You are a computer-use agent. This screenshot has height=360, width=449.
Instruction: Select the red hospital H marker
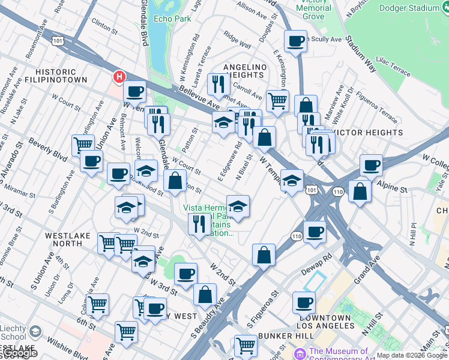click(x=119, y=77)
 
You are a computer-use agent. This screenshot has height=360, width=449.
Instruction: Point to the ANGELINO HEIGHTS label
click(x=244, y=70)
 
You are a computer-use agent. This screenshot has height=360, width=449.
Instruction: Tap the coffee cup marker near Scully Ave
click(x=295, y=41)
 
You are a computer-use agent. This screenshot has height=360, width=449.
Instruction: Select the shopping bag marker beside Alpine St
click(x=360, y=191)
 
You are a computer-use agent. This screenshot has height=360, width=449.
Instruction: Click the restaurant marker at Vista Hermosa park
click(x=199, y=224)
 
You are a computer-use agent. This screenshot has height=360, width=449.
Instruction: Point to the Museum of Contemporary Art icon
click(x=300, y=352)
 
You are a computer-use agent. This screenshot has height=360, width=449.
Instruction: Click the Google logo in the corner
click(x=19, y=353)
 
